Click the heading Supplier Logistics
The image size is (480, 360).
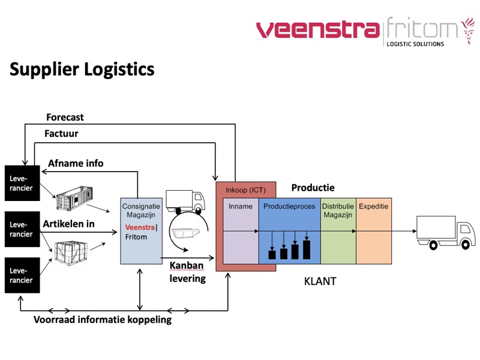82,69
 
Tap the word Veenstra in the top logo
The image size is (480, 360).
317,29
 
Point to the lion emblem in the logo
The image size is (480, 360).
467,31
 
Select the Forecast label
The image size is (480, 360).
65,117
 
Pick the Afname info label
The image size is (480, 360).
76,163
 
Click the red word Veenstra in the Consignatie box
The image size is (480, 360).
140,227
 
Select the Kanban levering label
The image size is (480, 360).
187,272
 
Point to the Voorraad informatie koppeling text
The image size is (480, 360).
102,319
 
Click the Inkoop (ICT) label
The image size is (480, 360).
245,190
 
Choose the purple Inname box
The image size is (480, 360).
241,240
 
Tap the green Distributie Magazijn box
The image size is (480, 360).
338,240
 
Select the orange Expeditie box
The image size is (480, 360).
374,240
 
